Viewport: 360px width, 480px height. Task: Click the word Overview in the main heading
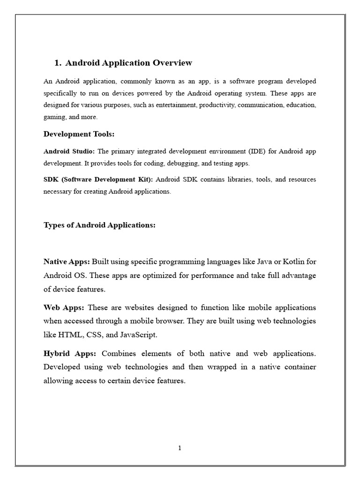pyautogui.click(x=171, y=63)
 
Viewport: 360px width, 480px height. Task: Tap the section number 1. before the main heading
pyautogui.click(x=58, y=63)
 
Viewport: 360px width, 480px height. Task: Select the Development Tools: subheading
pyautogui.click(x=79, y=135)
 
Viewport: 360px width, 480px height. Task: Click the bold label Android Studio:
pyautogui.click(x=69, y=151)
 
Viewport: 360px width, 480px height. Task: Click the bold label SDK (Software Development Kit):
pyautogui.click(x=98, y=180)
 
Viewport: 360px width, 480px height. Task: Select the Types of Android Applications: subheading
pyautogui.click(x=99, y=225)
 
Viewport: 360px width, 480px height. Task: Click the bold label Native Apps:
pyautogui.click(x=67, y=261)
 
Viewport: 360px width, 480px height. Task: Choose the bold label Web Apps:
pyautogui.click(x=64, y=307)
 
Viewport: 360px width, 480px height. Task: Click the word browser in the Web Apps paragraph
pyautogui.click(x=196, y=322)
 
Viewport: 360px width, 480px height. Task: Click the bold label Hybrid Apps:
pyautogui.click(x=69, y=353)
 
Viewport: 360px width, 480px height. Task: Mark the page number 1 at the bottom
pyautogui.click(x=180, y=448)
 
